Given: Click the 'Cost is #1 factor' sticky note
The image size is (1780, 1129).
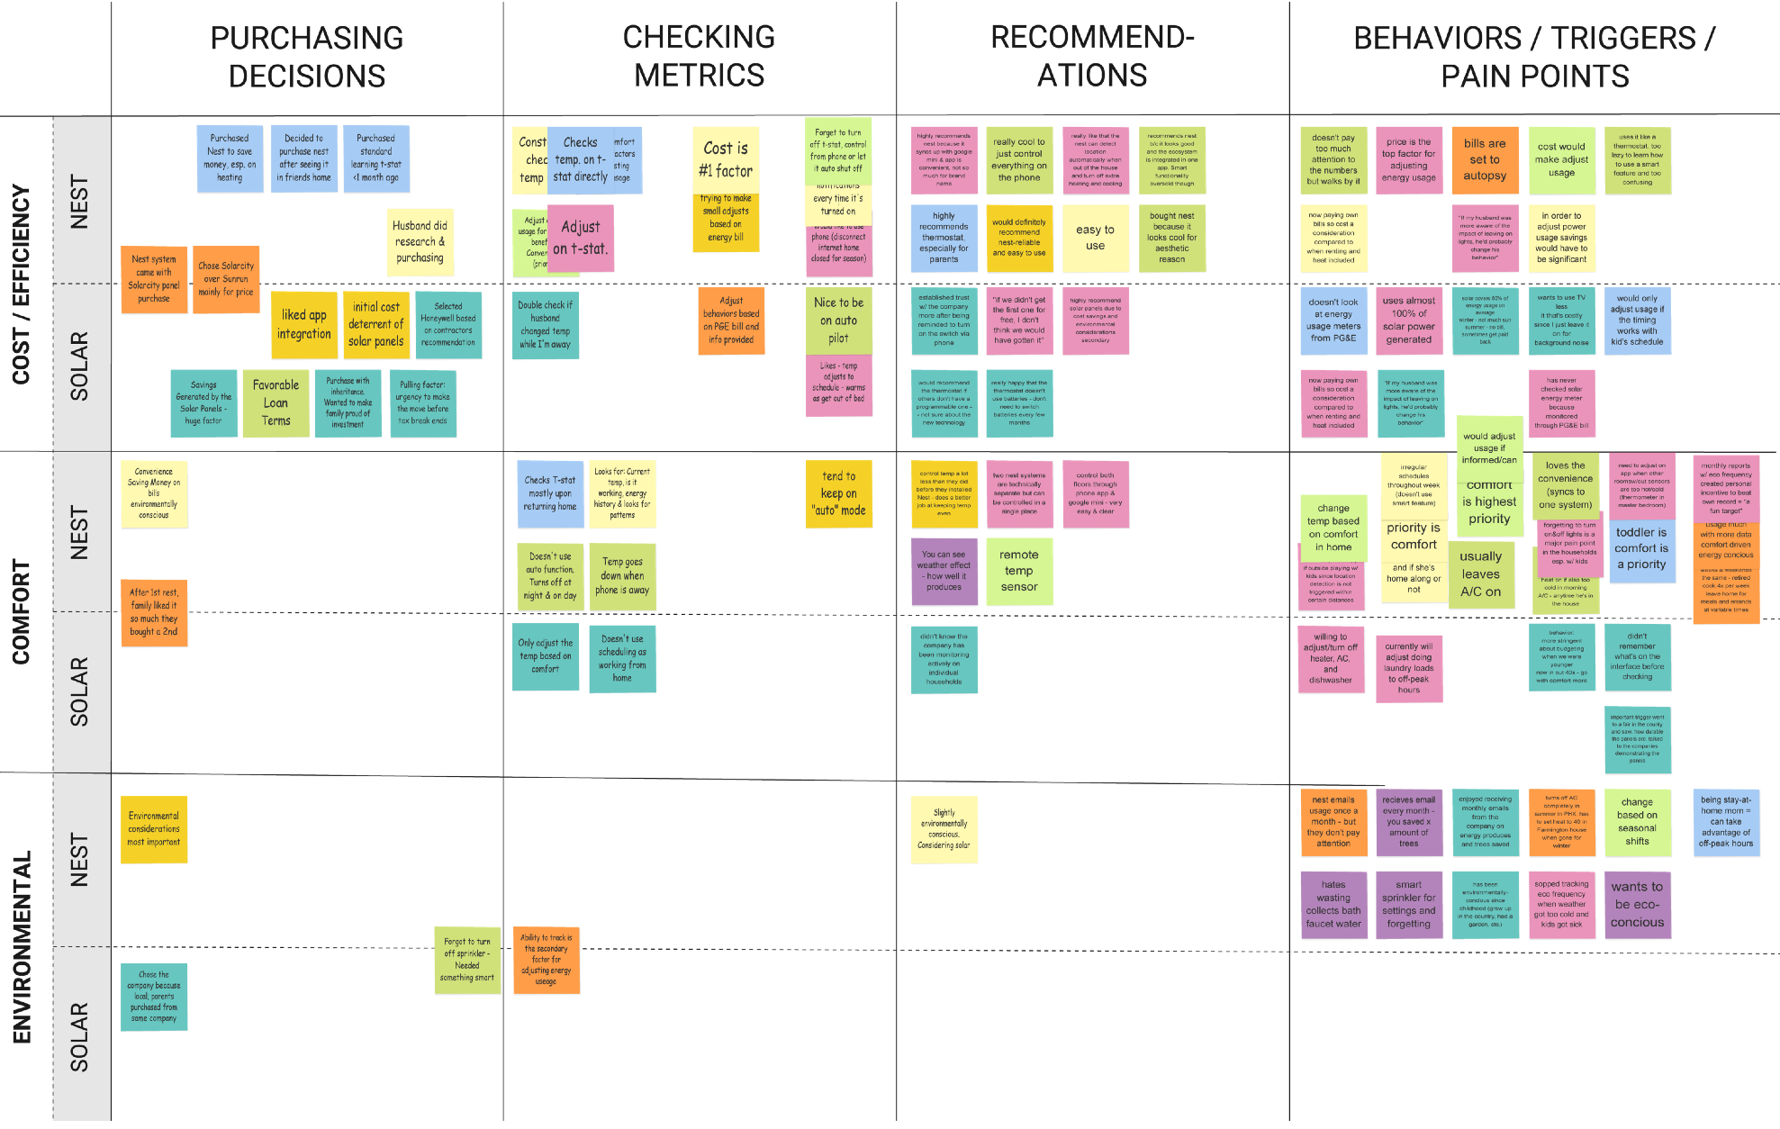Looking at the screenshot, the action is coord(726,159).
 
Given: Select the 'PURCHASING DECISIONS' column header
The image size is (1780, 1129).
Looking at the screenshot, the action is coord(307,57).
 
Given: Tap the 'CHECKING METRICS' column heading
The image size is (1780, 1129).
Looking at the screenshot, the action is coord(699,56).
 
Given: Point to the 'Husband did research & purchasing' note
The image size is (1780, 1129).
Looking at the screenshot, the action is coord(420,241).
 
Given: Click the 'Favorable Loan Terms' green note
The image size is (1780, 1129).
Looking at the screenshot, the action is coord(276,402).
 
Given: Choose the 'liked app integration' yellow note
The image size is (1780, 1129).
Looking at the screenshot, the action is coord(303,324).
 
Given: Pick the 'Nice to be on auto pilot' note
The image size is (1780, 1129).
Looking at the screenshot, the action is coord(838,321).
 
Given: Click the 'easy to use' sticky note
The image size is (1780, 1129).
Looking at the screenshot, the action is coord(1095,237).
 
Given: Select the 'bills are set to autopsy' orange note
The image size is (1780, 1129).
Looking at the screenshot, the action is coord(1485,159).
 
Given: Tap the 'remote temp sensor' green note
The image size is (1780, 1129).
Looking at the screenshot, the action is coord(1019,571).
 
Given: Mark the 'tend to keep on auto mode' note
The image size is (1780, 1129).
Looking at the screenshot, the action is coord(838,493).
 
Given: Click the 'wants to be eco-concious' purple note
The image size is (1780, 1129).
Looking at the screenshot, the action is coord(1637,904).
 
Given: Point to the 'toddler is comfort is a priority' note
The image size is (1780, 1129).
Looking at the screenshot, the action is coord(1641,549).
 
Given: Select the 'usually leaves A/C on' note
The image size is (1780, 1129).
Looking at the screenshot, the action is coord(1480,574).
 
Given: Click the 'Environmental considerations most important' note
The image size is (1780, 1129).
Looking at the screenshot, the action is coord(154,829).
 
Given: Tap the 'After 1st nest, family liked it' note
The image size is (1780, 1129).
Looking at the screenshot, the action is coord(154,612).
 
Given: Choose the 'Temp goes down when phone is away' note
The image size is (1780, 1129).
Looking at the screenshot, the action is coord(622,576).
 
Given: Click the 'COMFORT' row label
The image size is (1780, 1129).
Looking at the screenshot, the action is coord(21,611).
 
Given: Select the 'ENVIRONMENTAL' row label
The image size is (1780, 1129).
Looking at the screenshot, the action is coord(21,946).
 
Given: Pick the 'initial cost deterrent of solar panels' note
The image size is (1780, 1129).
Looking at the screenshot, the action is coord(375,324).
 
